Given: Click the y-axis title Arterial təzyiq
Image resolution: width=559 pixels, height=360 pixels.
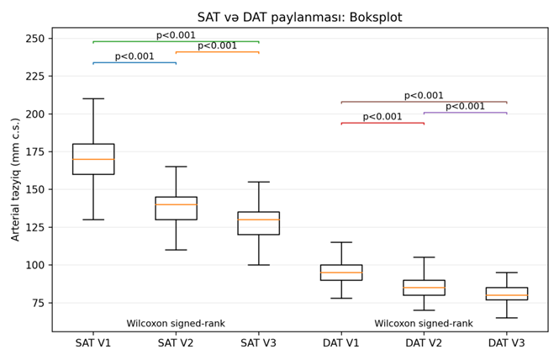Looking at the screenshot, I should click(x=16, y=179).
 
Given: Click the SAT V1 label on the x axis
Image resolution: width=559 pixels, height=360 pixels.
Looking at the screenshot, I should click(x=93, y=343).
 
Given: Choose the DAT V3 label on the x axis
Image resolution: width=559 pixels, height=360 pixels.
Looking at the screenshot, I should click(x=507, y=343).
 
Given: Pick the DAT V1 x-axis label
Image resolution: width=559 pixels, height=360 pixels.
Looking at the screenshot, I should click(x=341, y=343).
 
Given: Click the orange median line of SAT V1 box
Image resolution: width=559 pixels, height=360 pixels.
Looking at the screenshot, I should click(x=93, y=159).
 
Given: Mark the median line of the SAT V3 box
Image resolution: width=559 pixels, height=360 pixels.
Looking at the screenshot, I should click(x=259, y=220).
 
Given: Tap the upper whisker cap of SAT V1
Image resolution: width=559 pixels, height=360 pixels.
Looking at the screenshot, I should click(x=93, y=98).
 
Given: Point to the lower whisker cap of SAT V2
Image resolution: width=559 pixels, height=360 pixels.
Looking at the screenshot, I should click(x=176, y=250).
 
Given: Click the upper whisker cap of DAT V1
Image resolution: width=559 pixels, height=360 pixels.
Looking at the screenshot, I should click(x=341, y=242).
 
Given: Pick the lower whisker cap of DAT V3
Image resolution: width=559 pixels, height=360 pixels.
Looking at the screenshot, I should click(x=507, y=318).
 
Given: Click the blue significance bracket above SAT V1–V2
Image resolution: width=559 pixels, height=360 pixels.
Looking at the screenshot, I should click(x=134, y=62).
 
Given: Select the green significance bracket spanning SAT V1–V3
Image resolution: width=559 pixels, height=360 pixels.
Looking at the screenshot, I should click(x=176, y=41).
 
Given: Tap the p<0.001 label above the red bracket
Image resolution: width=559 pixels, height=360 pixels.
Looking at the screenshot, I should click(x=382, y=117).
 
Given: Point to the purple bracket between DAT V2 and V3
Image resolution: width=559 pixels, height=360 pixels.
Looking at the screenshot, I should click(x=465, y=113).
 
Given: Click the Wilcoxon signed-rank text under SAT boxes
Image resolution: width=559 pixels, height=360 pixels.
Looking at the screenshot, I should click(x=176, y=324).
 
